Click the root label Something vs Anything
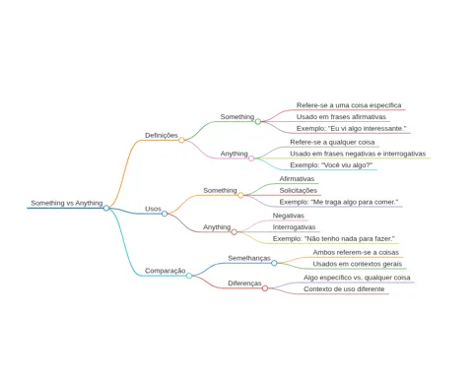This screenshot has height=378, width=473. [x=67, y=203]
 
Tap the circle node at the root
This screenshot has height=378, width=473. [x=106, y=208]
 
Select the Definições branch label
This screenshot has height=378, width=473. [x=162, y=135]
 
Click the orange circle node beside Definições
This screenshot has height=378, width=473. [x=181, y=140]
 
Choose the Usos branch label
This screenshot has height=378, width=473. [x=153, y=209]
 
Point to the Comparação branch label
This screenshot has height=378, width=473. [x=166, y=271]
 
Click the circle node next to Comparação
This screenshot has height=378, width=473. [x=189, y=276]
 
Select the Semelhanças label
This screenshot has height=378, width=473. [x=249, y=258]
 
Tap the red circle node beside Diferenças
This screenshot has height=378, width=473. [x=265, y=288]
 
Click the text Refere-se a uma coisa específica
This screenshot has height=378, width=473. [x=349, y=105]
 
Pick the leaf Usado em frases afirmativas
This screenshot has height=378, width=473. [x=341, y=117]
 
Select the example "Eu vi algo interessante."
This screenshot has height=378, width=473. [x=351, y=128]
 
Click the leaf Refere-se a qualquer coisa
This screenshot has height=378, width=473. [x=332, y=143]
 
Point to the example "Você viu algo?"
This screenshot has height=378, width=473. [x=331, y=165]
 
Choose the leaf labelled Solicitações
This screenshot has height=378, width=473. [x=299, y=190]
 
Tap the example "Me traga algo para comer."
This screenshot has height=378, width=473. [x=339, y=202]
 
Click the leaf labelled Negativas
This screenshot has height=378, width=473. [x=289, y=216]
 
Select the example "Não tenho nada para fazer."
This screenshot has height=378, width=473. [x=334, y=239]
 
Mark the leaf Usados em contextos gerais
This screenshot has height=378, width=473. [x=358, y=264]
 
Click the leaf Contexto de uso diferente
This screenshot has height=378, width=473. [x=344, y=289]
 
